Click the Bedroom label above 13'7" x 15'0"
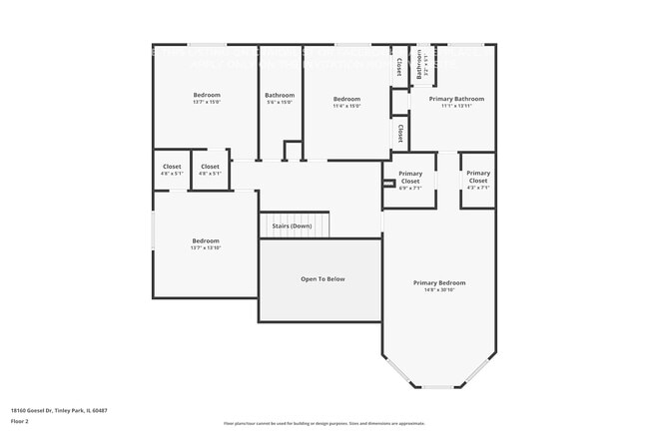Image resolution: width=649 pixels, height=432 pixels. click(207, 95)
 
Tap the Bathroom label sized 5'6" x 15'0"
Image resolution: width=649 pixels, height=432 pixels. click(280, 95)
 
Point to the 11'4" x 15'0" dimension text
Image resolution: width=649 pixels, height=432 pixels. click(346, 106)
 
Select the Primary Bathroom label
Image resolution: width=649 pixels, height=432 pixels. click(456, 99)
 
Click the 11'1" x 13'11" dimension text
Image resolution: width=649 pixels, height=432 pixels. click(456, 106)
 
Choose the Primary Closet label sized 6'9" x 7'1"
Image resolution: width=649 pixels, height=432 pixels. click(410, 177)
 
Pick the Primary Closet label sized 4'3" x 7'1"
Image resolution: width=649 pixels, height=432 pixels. click(478, 177)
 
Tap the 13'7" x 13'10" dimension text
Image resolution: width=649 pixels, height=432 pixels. click(206, 247)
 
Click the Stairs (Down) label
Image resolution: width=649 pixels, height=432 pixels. click(293, 226)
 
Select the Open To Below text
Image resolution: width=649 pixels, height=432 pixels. click(323, 279)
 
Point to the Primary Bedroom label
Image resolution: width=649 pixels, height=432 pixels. click(439, 282)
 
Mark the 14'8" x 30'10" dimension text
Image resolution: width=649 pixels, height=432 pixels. click(439, 289)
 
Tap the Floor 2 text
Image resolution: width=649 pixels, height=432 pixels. click(21, 422)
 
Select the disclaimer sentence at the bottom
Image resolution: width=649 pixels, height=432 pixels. click(324, 424)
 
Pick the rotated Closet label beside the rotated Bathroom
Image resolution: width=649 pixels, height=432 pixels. click(399, 67)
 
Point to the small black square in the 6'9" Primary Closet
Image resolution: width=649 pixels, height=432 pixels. click(387, 183)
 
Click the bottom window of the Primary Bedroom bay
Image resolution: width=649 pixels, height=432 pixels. click(438, 387)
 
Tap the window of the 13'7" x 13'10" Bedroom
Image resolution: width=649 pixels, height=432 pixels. click(153, 230)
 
